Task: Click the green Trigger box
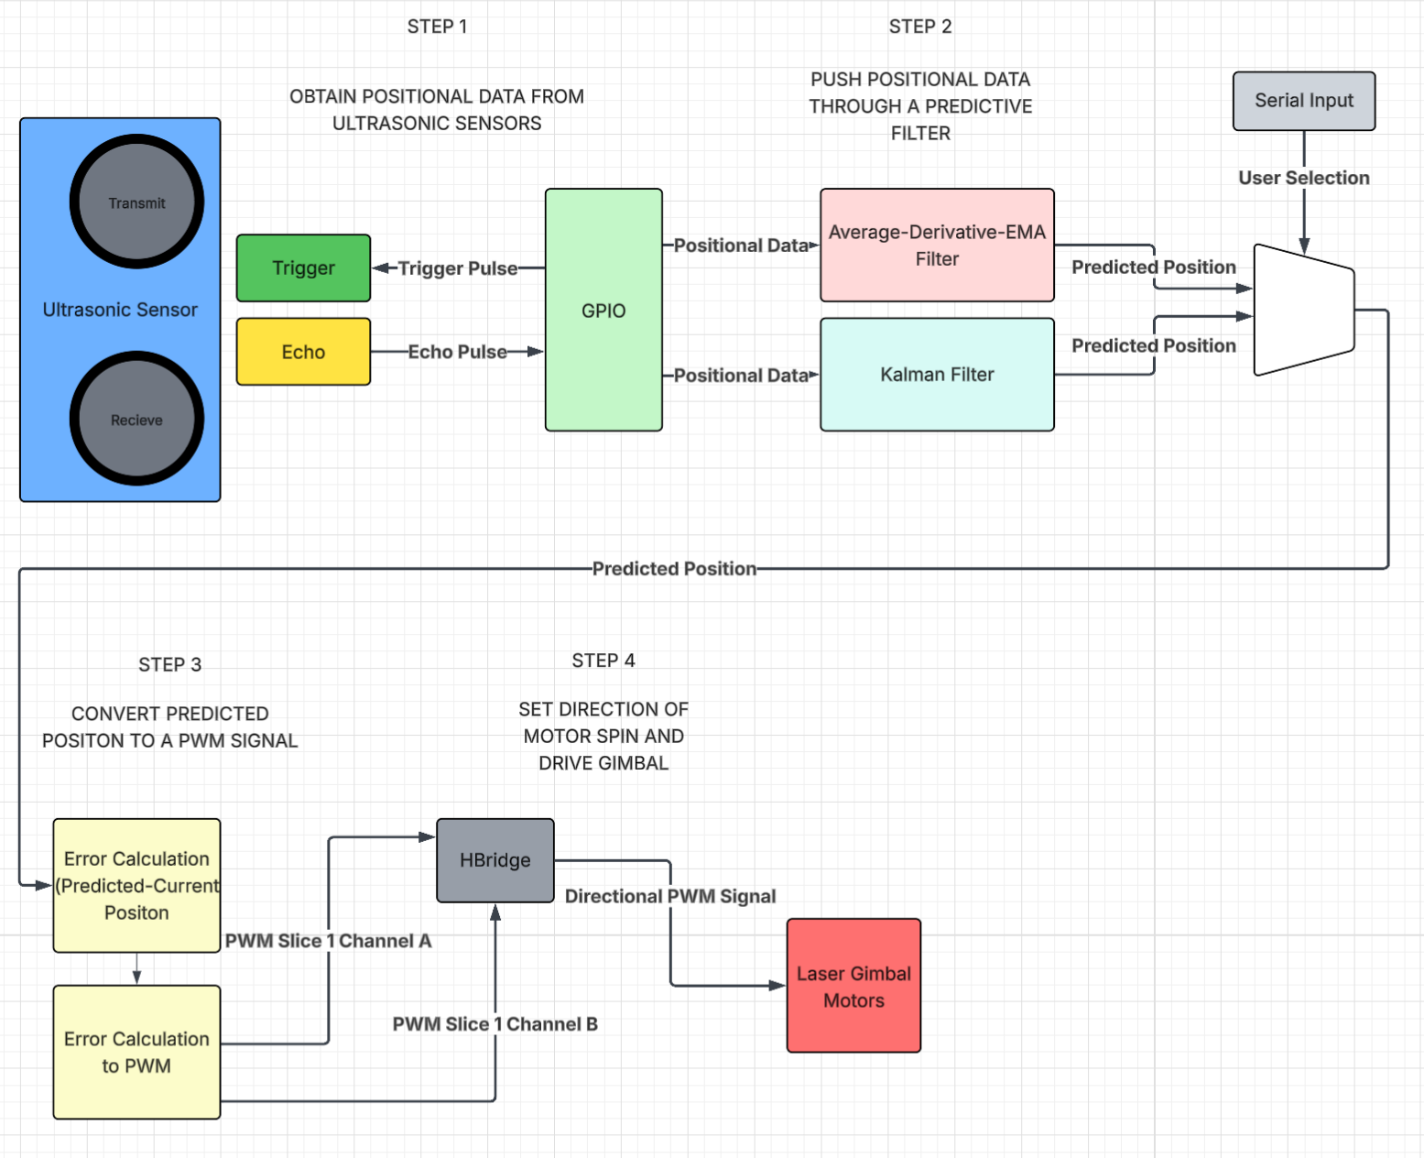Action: pos(303,268)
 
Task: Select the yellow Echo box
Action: pos(303,352)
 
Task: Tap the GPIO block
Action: pos(603,311)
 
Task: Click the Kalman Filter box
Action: pos(937,375)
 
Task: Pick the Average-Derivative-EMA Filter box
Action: pos(937,246)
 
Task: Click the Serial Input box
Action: pos(1303,101)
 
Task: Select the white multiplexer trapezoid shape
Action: pos(1303,311)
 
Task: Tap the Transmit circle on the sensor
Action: pos(136,202)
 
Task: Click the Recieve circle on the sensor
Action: pos(136,420)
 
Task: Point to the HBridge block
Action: pos(495,860)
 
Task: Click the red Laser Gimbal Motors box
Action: pos(853,987)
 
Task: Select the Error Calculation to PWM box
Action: pos(136,1053)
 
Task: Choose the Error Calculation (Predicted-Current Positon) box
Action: pos(136,886)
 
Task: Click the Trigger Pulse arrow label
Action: pos(457,268)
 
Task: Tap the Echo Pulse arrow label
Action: pos(457,352)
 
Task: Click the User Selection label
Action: pos(1303,178)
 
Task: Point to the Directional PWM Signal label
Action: pos(669,896)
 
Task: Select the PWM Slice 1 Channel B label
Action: pos(495,1024)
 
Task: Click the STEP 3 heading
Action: pos(169,665)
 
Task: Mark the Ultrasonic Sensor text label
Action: pos(120,310)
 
